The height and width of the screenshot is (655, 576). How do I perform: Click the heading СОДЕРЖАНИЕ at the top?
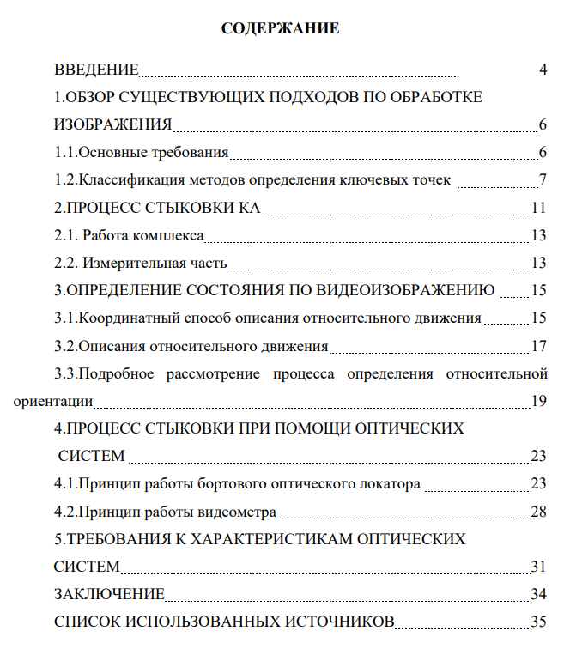click(281, 29)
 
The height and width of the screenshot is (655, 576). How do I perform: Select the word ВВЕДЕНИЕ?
click(96, 70)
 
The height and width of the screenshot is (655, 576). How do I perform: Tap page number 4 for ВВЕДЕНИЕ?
click(543, 70)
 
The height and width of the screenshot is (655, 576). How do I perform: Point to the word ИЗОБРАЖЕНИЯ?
click(112, 125)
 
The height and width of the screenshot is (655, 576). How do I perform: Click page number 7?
click(543, 180)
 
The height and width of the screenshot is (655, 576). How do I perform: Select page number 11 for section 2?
click(539, 208)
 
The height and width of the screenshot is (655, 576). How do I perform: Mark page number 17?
click(539, 347)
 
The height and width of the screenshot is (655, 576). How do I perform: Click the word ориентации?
click(53, 401)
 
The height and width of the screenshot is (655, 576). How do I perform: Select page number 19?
click(539, 401)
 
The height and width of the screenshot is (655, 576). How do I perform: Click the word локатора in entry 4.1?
click(391, 484)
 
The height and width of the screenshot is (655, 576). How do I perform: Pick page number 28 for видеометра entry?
click(539, 512)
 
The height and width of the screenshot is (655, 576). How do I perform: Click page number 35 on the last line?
click(539, 622)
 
